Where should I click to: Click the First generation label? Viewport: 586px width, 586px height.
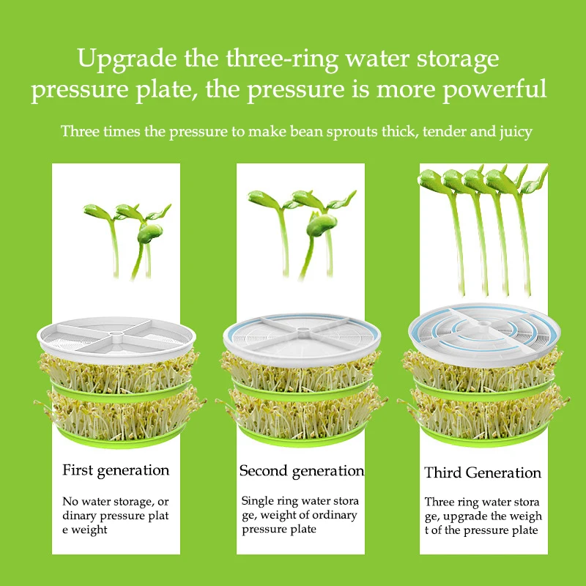tap(116, 470)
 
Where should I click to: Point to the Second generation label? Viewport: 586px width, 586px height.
tap(301, 471)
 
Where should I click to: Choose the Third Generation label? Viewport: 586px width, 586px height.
tap(483, 473)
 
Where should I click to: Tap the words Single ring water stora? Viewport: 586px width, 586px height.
tap(300, 501)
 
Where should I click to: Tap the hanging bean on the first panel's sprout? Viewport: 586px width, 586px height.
tap(150, 234)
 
